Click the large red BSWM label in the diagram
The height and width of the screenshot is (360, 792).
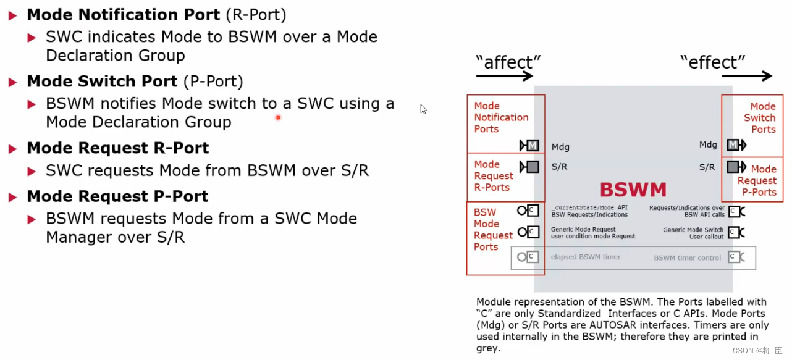coord(633,189)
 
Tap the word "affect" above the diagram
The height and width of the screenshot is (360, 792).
coord(508,62)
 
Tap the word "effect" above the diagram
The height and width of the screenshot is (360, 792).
coord(712,62)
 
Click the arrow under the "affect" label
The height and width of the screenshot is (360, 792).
coord(504,76)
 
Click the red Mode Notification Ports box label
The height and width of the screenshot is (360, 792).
coord(501,117)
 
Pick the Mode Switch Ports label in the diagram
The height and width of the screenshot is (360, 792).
coord(760,118)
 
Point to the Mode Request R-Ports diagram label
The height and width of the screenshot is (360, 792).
coord(493,176)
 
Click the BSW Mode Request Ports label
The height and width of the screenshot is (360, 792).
coord(492,229)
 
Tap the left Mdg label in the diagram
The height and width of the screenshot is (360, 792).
coord(560,147)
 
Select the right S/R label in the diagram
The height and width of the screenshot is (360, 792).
coord(707,167)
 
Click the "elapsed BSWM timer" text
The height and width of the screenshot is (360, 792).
coord(586,257)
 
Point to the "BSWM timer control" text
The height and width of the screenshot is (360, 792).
coord(687,257)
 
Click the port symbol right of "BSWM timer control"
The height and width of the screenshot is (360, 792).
coord(735,257)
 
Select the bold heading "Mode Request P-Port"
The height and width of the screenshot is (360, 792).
coord(117,196)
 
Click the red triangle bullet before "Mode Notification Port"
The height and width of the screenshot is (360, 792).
coord(13,15)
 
